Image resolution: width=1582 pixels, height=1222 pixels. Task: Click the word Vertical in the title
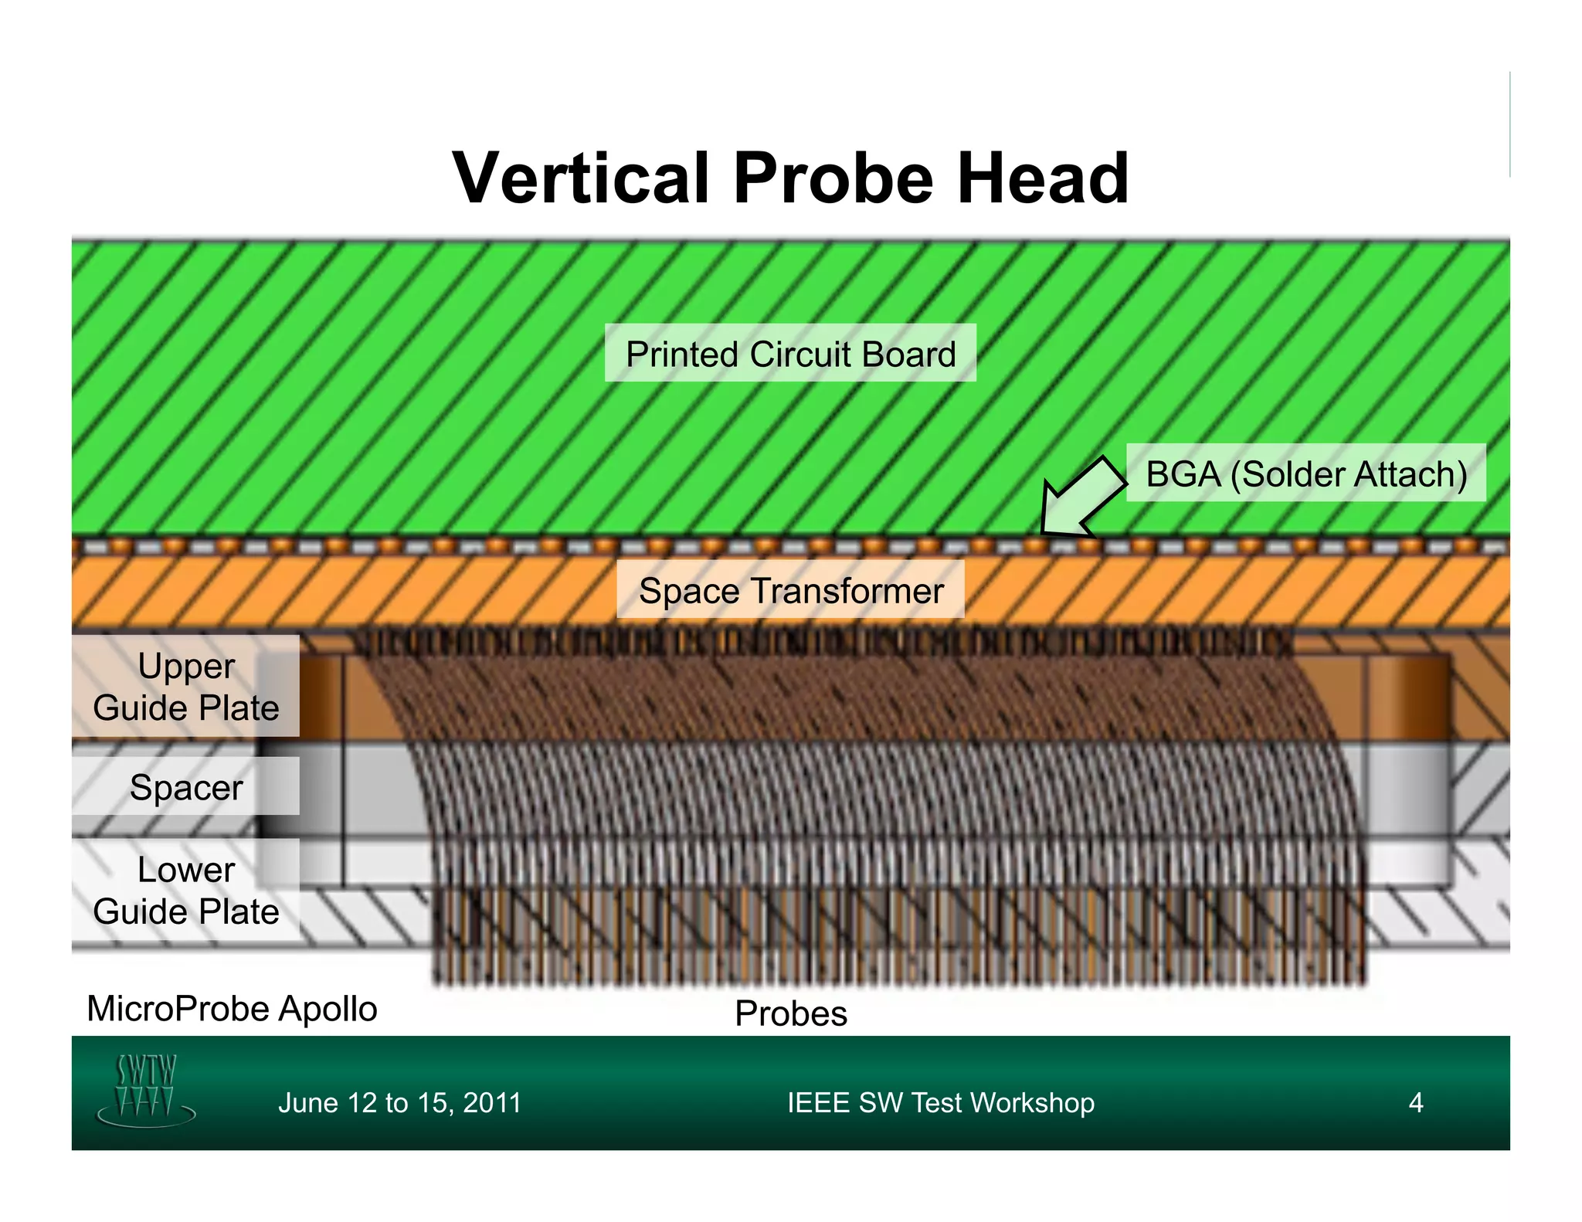(x=580, y=178)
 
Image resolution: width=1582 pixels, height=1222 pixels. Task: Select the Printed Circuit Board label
(x=790, y=354)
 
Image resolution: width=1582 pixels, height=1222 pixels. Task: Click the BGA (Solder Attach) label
(x=1305, y=474)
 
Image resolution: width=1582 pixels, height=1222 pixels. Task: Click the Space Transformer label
(x=790, y=591)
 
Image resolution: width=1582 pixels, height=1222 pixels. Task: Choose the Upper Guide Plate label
(x=185, y=687)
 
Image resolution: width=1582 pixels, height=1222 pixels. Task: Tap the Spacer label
(x=185, y=787)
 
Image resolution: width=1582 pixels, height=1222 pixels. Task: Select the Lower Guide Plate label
(x=185, y=890)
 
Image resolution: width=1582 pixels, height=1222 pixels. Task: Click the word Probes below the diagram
(x=790, y=1013)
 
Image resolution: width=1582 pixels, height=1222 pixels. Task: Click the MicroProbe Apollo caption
(x=232, y=1009)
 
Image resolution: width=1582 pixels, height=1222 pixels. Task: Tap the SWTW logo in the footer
(x=146, y=1088)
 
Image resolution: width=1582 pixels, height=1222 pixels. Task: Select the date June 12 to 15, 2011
(x=399, y=1102)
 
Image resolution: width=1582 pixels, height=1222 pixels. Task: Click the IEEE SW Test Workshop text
(x=940, y=1102)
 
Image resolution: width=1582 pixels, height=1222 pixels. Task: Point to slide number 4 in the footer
(x=1415, y=1102)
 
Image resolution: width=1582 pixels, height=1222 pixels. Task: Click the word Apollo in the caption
(x=328, y=1009)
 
